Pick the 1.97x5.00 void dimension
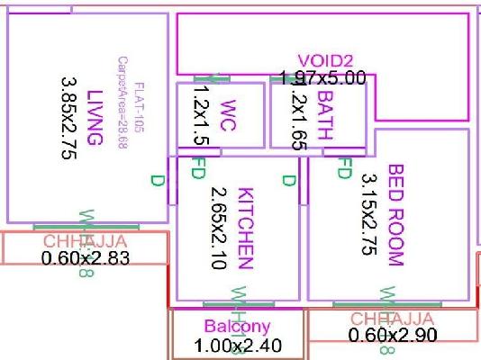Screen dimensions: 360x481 (322, 79)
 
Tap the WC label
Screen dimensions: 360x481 (227, 116)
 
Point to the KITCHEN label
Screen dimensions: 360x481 (244, 228)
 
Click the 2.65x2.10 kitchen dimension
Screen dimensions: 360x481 (217, 228)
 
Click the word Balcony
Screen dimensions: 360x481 (237, 326)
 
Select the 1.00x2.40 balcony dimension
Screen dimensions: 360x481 (238, 345)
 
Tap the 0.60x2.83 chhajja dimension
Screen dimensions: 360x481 (86, 258)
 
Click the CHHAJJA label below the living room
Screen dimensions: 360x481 (86, 241)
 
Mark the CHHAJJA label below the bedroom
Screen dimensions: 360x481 (392, 319)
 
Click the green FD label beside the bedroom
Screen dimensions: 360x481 (343, 168)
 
